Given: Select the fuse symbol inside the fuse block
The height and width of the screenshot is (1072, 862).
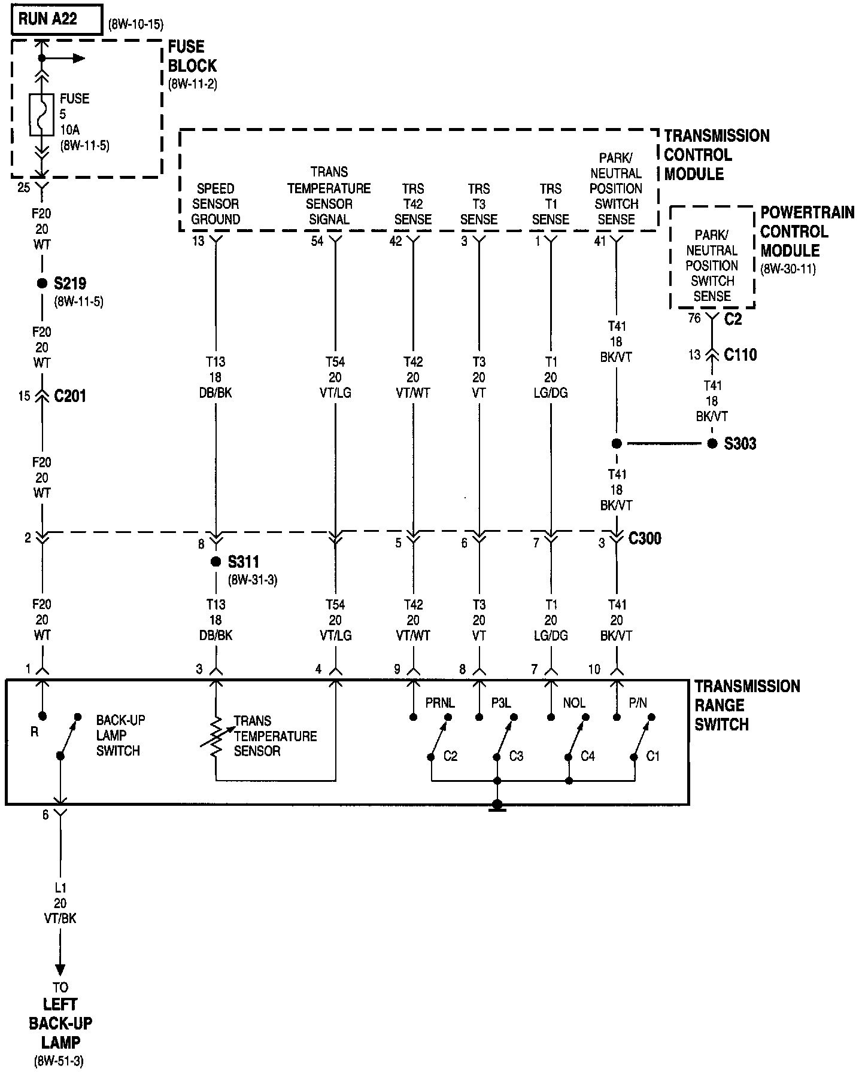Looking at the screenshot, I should tap(41, 115).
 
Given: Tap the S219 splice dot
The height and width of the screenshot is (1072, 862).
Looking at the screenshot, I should tap(42, 283).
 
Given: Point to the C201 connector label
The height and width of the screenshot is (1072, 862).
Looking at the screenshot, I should tap(70, 396).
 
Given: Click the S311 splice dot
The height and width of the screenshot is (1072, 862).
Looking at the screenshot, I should tap(215, 562).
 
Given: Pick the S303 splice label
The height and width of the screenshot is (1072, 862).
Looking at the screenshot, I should tap(740, 444).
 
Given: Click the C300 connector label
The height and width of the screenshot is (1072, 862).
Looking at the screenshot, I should tap(645, 538).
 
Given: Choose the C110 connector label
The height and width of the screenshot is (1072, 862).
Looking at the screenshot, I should tap(740, 355).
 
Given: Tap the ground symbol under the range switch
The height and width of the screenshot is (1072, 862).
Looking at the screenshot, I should tap(497, 807).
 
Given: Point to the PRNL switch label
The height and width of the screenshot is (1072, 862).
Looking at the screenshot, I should tap(439, 703).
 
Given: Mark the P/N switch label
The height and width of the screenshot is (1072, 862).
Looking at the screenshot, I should tap(637, 703).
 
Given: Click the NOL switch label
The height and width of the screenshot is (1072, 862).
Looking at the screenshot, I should tap(573, 703).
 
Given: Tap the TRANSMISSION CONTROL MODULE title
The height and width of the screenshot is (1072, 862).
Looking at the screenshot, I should tap(716, 154).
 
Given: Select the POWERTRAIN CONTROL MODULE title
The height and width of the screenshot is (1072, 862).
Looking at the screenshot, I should tap(807, 232).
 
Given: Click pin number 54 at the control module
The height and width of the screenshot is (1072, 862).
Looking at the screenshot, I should tap(317, 241).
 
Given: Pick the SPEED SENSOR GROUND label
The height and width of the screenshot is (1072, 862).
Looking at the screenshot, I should tap(215, 203).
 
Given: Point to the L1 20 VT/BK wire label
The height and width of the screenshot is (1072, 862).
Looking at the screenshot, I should tap(60, 903).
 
